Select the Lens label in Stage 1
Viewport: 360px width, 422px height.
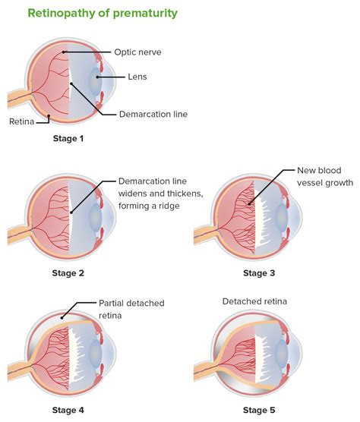click(x=137, y=77)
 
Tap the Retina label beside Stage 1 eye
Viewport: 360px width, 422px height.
click(x=20, y=121)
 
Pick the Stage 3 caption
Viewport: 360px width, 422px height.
click(x=260, y=272)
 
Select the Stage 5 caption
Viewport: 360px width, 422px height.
click(x=260, y=411)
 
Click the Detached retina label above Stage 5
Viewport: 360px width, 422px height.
click(x=254, y=302)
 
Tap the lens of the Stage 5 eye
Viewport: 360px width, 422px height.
click(x=282, y=354)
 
